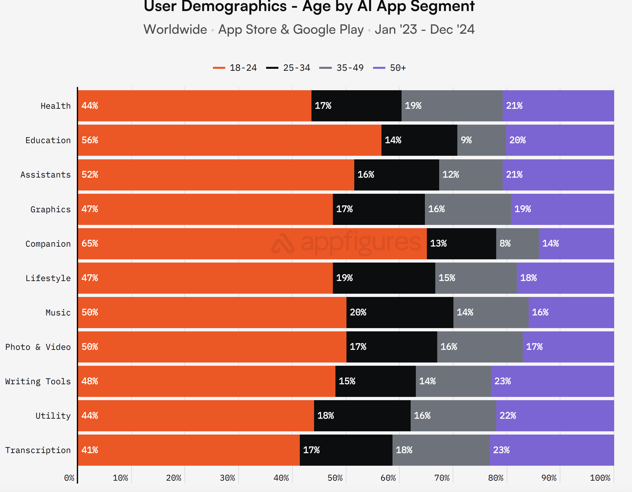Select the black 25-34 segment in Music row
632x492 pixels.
tap(400, 313)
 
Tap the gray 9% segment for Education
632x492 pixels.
tap(481, 140)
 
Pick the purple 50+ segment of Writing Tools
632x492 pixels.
tap(552, 381)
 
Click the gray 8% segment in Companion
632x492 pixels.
tap(517, 244)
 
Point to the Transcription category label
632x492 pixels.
tap(38, 450)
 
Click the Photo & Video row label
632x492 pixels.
tap(38, 347)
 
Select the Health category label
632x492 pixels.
tap(55, 106)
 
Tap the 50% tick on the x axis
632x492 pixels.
tap(335, 478)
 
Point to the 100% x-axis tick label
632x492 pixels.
tap(600, 478)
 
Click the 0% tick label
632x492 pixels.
tap(69, 478)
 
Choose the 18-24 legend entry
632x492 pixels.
tap(235, 68)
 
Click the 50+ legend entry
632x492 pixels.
tap(390, 68)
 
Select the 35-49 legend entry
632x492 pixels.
tap(342, 68)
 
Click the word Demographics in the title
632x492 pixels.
tap(234, 6)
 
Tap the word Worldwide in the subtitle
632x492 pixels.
tap(175, 30)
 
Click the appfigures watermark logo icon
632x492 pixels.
tap(283, 244)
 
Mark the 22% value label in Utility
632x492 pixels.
tap(508, 416)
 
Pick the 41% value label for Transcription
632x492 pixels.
tap(90, 450)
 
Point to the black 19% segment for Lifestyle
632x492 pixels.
tap(384, 278)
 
